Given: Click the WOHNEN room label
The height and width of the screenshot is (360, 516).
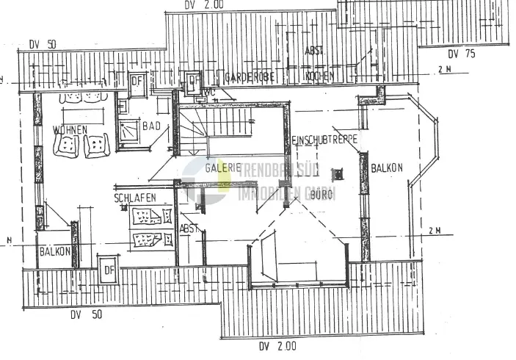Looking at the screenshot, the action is (70, 130).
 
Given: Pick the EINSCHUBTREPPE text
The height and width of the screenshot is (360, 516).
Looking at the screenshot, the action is (323, 140).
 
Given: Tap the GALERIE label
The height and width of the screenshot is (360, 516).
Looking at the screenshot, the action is (223, 168).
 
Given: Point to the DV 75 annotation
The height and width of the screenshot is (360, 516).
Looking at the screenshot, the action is (462, 53).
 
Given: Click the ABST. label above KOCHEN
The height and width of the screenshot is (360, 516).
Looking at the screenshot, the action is (315, 51).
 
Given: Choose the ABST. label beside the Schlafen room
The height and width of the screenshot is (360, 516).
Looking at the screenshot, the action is (189, 229).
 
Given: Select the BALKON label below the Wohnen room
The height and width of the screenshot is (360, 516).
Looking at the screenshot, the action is (54, 251).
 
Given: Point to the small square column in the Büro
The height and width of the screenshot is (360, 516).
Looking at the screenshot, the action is (338, 175).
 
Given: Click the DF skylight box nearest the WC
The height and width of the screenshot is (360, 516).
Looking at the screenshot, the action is (194, 82).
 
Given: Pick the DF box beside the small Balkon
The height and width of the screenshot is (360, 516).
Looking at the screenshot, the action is (109, 268).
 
